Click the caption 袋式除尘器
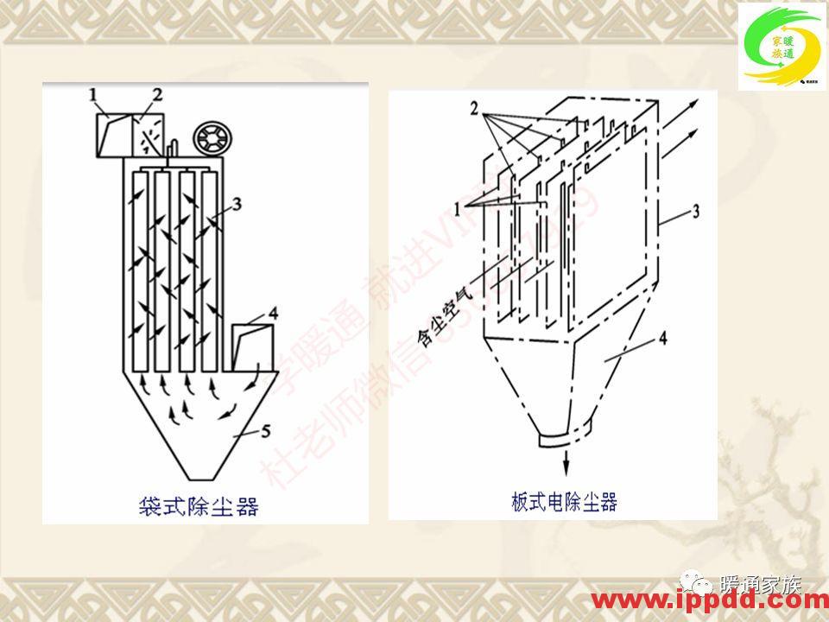pyautogui.click(x=199, y=505)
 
